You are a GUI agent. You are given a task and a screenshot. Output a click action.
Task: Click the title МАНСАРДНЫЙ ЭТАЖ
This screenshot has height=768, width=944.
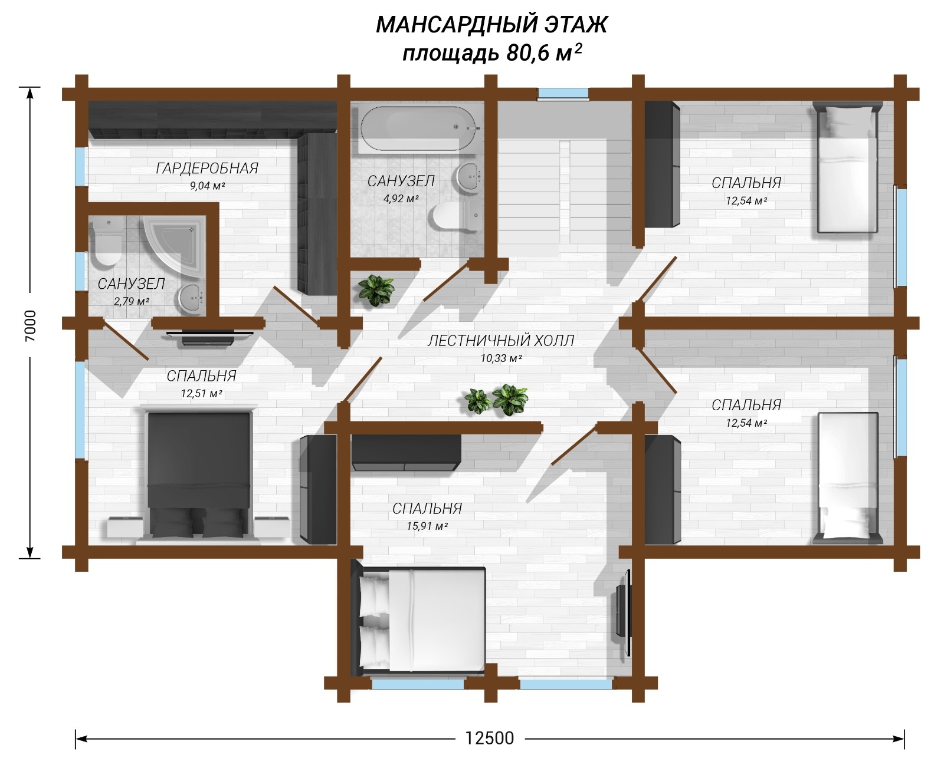(x=491, y=24)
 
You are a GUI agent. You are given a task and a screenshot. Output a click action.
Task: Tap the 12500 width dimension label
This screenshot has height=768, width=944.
(x=489, y=739)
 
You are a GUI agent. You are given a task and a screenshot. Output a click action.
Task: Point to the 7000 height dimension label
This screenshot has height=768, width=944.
(x=30, y=325)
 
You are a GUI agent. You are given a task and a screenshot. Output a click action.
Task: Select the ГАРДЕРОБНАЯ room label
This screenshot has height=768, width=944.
(x=207, y=168)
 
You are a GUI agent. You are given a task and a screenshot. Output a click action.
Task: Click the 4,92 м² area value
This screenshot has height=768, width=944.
(x=401, y=199)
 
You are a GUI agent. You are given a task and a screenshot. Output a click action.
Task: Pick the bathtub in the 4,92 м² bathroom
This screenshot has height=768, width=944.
(x=418, y=128)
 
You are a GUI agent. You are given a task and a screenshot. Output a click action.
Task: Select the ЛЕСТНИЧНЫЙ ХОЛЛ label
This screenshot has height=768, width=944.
(x=501, y=341)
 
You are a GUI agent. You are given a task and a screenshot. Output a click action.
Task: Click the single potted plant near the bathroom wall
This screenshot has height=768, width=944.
(x=376, y=291)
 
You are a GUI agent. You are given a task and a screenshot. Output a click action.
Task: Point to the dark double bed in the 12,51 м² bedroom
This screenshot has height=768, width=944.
(x=199, y=475)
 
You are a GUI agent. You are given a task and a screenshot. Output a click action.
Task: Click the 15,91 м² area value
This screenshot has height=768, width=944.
(x=427, y=526)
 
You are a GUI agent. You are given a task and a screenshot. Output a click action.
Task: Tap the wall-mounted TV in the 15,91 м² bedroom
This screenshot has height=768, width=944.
(x=622, y=612)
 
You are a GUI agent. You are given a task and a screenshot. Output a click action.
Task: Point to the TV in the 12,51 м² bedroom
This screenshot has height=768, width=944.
(x=208, y=338)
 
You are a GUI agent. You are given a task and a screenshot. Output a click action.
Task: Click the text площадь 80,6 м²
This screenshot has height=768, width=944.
(x=492, y=53)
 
